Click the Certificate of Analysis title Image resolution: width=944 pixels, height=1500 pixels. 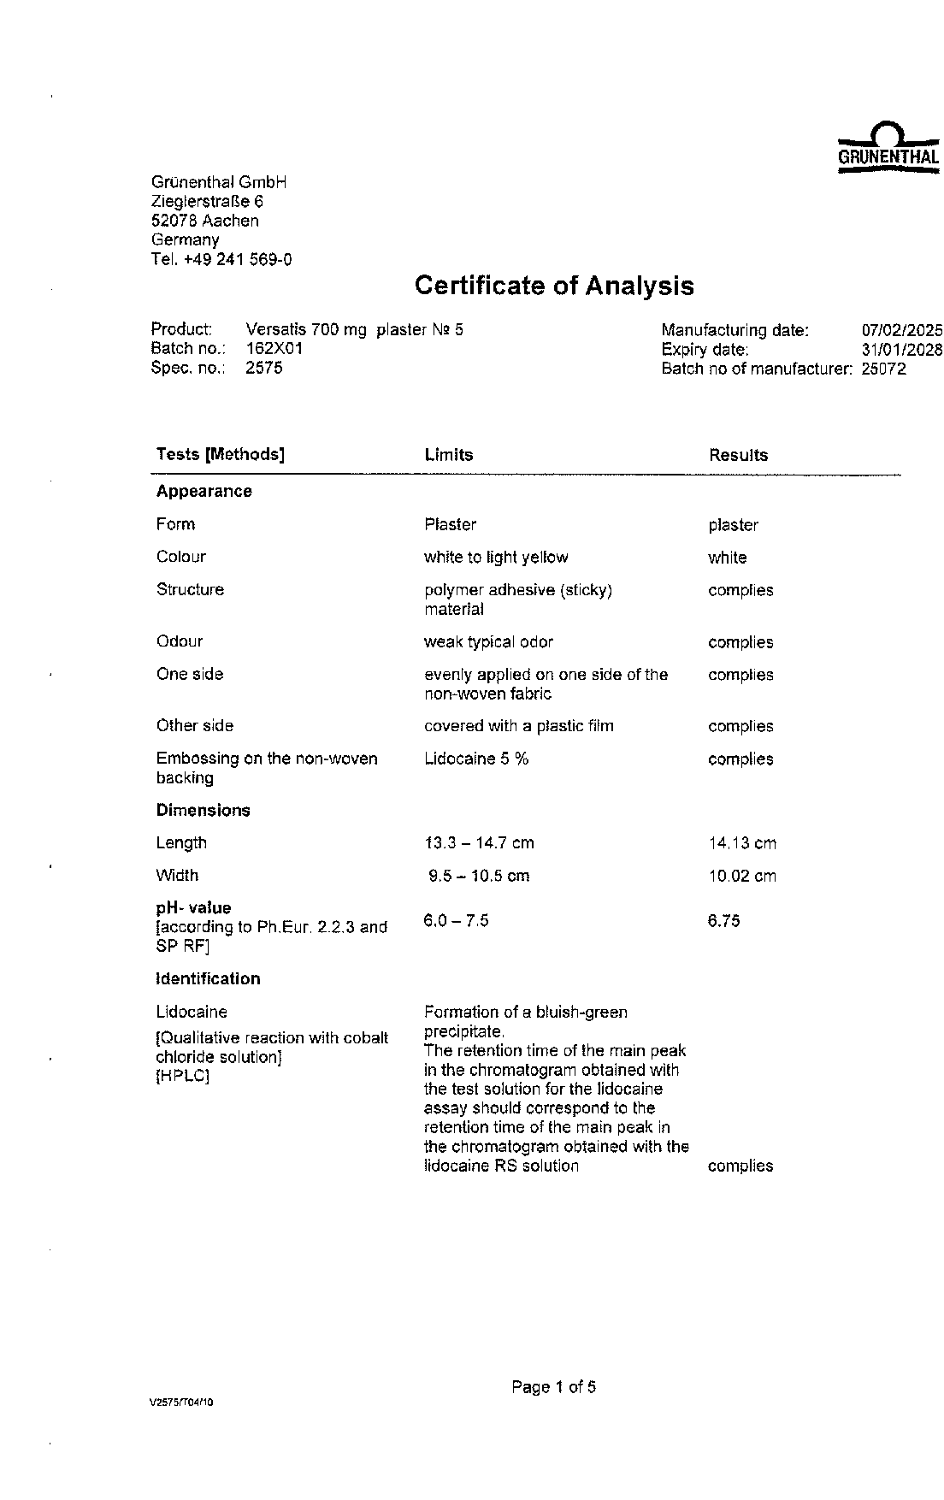tap(554, 286)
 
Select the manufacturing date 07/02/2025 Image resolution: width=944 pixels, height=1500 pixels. tap(901, 330)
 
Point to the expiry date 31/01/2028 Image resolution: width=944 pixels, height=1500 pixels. tap(901, 350)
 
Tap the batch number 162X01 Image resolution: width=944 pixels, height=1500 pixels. tap(274, 349)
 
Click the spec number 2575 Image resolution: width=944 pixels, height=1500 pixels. tap(263, 369)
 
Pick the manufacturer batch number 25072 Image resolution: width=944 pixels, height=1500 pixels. tap(883, 369)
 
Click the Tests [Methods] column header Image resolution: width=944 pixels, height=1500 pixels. tap(220, 454)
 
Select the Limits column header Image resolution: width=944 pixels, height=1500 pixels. tap(448, 455)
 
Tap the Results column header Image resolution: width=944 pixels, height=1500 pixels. tap(738, 455)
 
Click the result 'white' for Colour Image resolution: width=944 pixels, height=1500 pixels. tap(727, 558)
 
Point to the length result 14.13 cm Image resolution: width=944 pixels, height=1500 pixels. tap(741, 843)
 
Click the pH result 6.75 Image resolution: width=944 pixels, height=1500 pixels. tap(723, 921)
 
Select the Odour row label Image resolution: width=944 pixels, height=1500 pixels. tap(180, 641)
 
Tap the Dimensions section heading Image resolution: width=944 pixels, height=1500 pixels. tap(203, 811)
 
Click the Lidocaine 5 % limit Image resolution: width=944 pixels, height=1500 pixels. tap(475, 759)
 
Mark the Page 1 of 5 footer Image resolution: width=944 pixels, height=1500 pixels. tap(553, 1387)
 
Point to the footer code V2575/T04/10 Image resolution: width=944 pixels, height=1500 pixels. tap(180, 1403)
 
